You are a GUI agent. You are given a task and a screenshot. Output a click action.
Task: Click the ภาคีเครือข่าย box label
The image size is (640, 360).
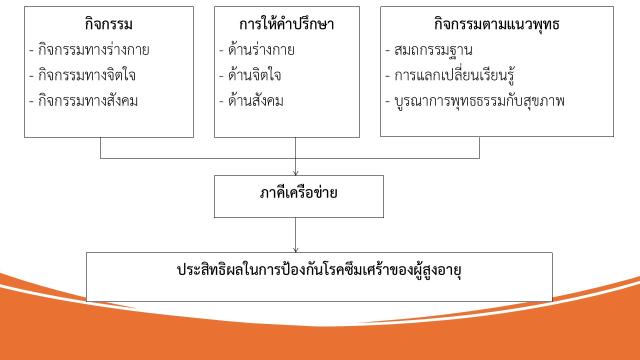click(x=298, y=193)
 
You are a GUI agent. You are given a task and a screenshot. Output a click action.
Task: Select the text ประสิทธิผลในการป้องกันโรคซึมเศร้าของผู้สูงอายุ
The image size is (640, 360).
click(x=318, y=270)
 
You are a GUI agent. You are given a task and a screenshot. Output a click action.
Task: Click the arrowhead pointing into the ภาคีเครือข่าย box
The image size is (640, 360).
click(x=295, y=173)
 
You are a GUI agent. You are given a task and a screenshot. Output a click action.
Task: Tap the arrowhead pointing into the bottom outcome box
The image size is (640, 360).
click(x=295, y=250)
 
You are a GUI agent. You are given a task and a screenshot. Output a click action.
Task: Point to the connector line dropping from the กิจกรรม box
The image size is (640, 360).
click(x=100, y=147)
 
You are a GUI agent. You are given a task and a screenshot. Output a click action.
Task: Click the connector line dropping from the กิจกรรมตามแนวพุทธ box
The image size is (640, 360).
click(x=479, y=147)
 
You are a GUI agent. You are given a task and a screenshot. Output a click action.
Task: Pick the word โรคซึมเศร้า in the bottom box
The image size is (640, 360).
click(x=347, y=270)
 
